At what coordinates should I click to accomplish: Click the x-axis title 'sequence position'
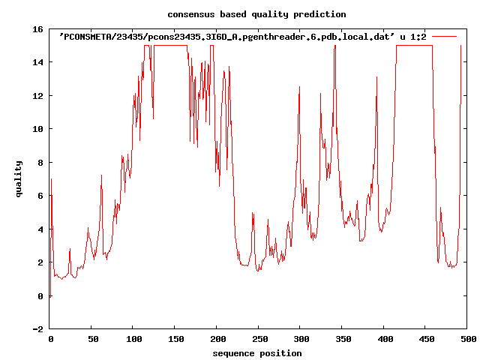[x=257, y=353]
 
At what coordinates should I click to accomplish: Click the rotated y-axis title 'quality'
[x=19, y=178]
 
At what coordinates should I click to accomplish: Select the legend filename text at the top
[x=226, y=36]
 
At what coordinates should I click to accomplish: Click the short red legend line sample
[x=445, y=36]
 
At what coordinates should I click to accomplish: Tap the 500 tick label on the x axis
[x=466, y=340]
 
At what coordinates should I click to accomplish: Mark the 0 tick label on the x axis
[x=50, y=340]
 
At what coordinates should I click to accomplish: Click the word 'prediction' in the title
[x=320, y=14]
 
